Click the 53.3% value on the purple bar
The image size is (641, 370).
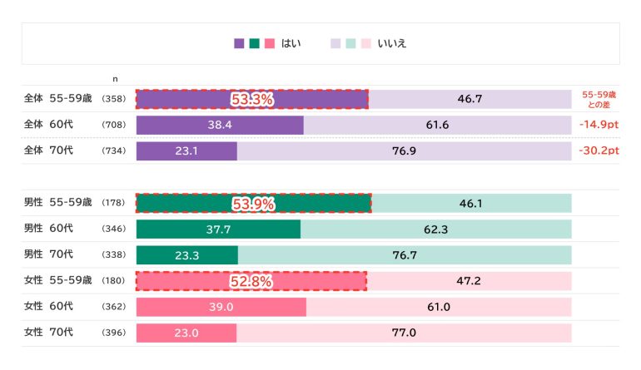252,100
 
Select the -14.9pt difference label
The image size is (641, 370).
599,126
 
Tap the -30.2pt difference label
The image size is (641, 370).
599,151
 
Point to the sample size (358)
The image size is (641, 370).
112,100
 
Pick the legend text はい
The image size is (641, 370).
293,43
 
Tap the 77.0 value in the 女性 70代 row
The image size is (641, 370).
403,333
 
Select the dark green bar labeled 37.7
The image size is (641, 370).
218,229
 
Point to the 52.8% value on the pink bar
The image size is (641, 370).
251,281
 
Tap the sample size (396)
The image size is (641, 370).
112,333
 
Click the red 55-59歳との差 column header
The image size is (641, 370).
599,100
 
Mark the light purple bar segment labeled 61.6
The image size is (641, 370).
437,126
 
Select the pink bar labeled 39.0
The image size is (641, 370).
221,307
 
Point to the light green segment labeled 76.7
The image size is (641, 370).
404,254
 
